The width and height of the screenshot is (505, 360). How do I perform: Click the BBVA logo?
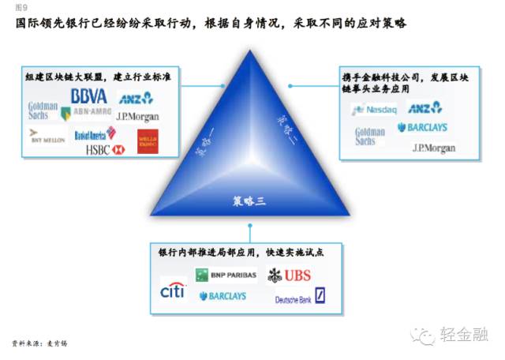pos(88,96)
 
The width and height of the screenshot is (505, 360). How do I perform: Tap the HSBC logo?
pos(106,149)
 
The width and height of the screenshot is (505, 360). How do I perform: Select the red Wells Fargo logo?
pos(148,141)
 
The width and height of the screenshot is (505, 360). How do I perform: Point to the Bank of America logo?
pos(95,134)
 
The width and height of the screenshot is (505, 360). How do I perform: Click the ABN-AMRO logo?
pos(91,113)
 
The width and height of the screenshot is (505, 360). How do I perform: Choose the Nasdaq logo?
pos(377,109)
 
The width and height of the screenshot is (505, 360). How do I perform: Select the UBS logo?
pos(289,275)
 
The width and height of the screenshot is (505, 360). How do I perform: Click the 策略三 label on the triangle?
pos(249,201)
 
